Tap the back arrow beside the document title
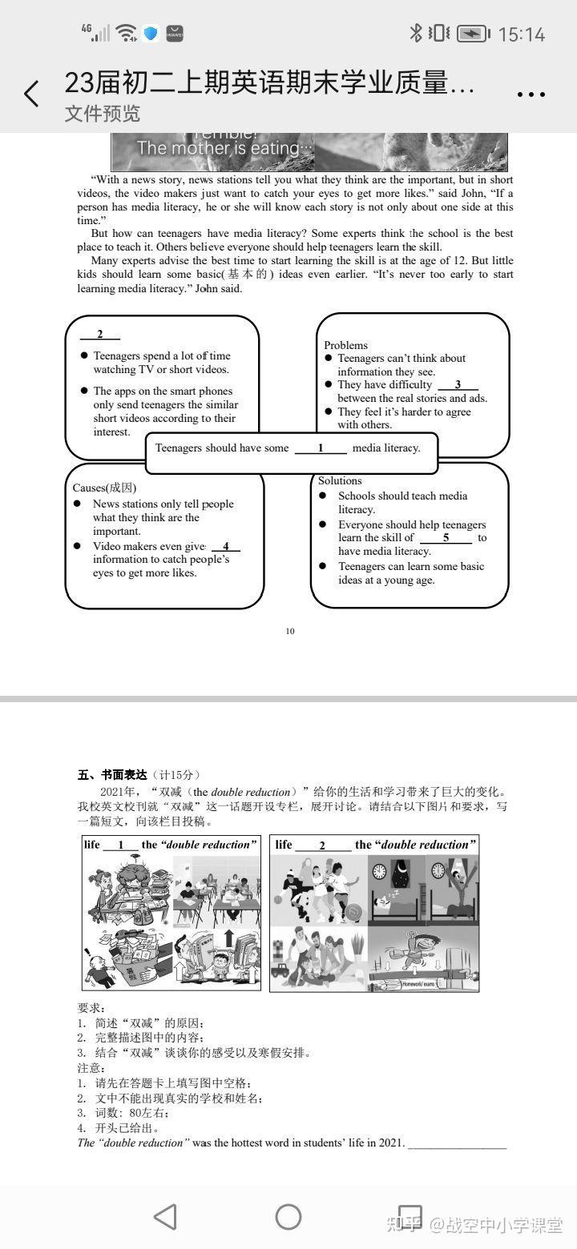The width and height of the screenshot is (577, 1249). tap(31, 94)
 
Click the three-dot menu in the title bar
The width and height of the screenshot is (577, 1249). tap(531, 94)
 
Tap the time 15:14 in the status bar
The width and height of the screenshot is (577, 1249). tap(521, 34)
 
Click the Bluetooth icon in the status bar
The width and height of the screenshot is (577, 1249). tap(416, 33)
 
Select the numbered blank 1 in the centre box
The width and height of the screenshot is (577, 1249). tap(321, 448)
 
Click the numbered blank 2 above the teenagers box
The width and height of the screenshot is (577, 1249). tap(100, 335)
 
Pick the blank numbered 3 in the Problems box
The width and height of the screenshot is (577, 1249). tap(458, 385)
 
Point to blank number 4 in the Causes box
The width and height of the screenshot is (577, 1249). tap(226, 546)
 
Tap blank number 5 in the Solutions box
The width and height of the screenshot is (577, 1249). tap(446, 538)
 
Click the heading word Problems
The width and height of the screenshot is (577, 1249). tap(345, 345)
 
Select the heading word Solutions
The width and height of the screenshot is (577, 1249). tap(340, 480)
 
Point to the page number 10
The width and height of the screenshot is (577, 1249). tap(290, 631)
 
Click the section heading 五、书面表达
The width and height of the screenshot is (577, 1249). tap(113, 774)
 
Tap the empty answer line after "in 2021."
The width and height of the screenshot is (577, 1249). tap(458, 1143)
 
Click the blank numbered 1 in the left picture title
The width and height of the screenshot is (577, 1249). tap(121, 845)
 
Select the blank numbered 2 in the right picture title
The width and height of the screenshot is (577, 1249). tap(322, 845)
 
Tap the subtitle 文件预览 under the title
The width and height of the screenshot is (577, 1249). tap(102, 114)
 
